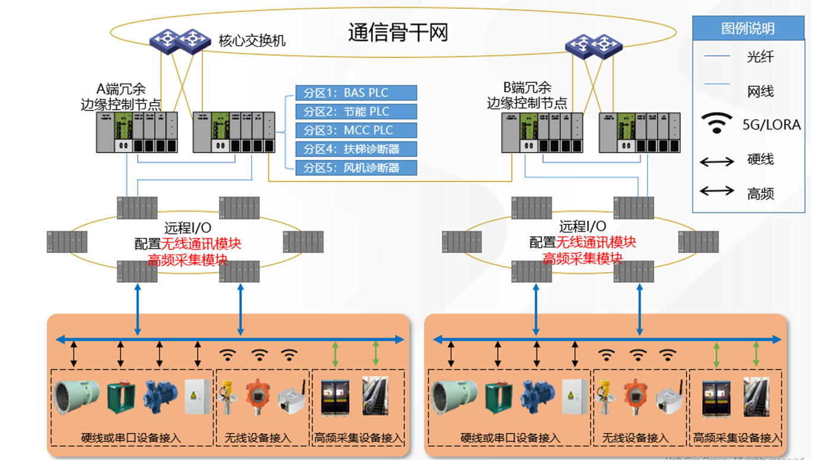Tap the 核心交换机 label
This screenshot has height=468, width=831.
tap(252, 40)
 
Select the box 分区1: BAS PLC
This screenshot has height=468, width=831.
tap(356, 93)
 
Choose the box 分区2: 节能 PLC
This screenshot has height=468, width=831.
tap(356, 112)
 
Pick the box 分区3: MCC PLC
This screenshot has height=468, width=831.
tap(356, 131)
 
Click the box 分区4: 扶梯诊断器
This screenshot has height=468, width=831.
tap(356, 149)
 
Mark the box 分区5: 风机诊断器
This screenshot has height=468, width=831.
tap(356, 168)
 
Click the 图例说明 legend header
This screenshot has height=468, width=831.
tap(748, 28)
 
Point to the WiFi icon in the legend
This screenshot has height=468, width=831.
tap(717, 124)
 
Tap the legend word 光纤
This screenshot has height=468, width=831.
tap(760, 58)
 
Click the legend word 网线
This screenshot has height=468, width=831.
tap(760, 91)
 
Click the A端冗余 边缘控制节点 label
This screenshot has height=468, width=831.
tap(121, 97)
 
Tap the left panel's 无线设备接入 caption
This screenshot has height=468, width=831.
tap(258, 438)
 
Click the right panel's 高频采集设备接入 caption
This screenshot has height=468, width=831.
tap(737, 438)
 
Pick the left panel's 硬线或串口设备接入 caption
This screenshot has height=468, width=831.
tap(131, 438)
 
